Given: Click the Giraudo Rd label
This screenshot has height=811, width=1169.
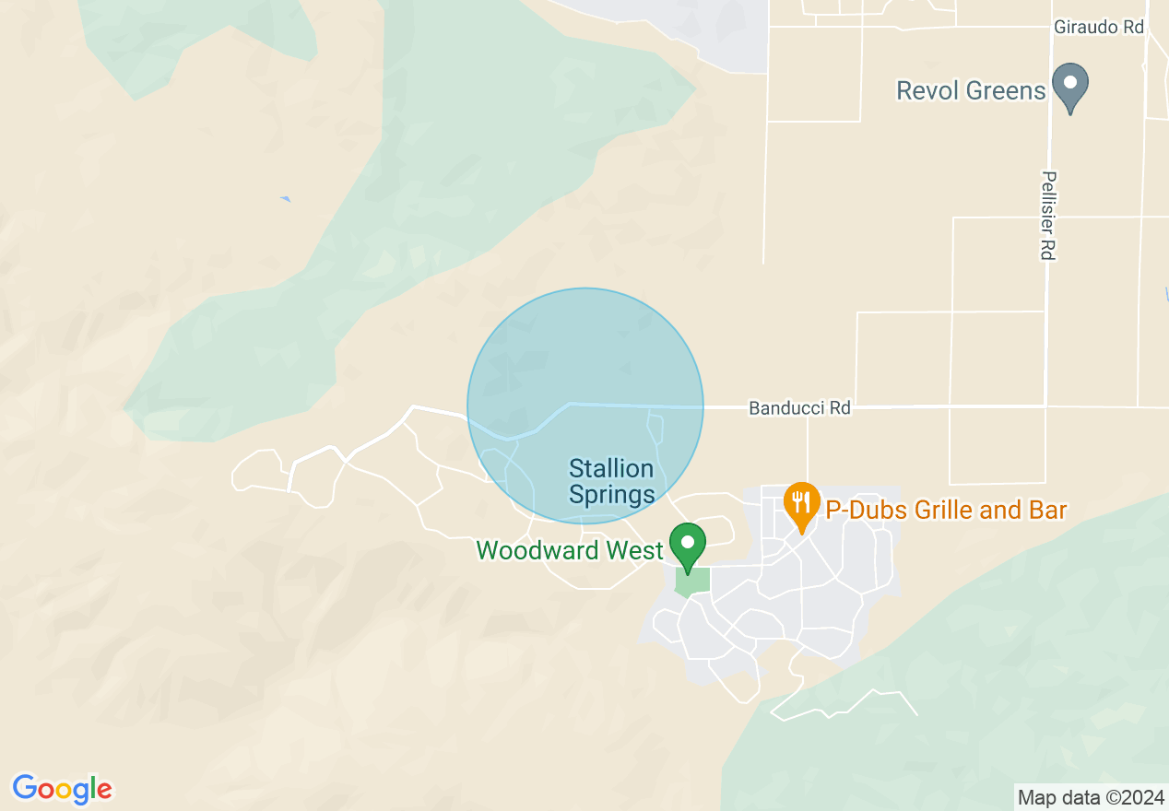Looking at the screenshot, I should point(1099,28).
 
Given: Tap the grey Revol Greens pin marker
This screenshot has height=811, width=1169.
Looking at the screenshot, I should point(1070,86).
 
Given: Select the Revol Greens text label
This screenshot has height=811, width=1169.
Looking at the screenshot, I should point(971,90).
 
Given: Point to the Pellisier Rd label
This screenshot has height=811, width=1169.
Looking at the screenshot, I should point(1047,215).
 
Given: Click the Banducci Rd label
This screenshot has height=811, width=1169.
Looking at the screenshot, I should point(799,407).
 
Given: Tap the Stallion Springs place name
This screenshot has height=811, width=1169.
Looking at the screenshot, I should point(611,482).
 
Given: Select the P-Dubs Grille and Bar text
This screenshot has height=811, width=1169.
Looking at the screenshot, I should point(945,511).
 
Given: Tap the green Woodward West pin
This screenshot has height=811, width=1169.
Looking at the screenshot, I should point(687,546).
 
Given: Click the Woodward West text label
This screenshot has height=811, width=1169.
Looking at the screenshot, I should point(569,551).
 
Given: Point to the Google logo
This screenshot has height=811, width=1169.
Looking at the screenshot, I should point(62,789).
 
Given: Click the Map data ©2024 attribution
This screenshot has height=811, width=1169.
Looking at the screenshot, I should point(1090,796).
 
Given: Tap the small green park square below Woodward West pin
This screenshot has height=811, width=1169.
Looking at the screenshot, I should point(693,582).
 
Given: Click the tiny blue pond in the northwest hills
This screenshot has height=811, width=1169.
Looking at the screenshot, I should point(286,199).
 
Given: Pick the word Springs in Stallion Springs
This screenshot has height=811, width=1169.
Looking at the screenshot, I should point(611,495).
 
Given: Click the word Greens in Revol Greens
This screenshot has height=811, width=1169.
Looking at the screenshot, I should point(1006,90).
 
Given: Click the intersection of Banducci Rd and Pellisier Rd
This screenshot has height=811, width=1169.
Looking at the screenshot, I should point(1045,406).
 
